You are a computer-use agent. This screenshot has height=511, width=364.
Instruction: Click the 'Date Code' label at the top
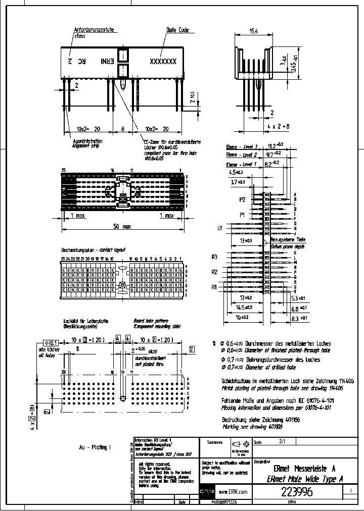click(177, 30)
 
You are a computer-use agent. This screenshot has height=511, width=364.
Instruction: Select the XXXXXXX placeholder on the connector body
click(162, 61)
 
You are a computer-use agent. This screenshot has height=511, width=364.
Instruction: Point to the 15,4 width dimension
click(254, 31)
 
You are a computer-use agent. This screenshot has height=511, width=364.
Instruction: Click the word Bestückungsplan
click(77, 250)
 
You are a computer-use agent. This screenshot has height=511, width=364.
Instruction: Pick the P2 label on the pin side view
click(242, 200)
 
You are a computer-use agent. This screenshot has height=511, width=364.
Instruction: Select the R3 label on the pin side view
click(214, 257)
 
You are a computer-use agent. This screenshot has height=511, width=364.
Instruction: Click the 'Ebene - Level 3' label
click(242, 146)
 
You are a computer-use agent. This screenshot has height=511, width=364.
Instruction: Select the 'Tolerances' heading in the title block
click(214, 442)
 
